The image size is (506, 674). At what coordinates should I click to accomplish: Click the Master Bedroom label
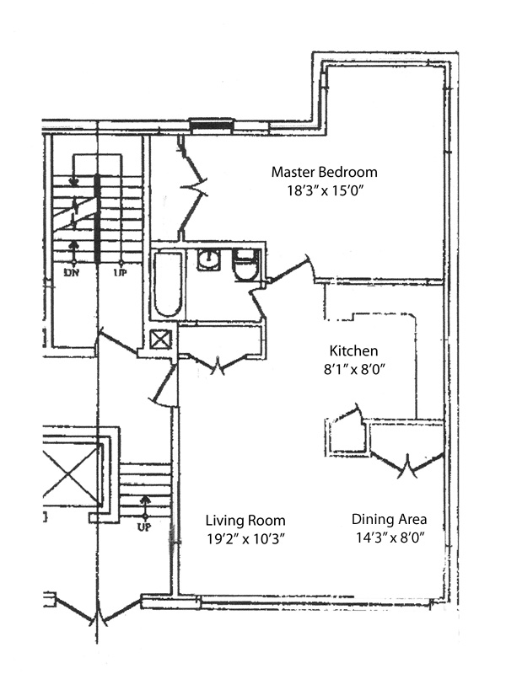pyautogui.click(x=325, y=172)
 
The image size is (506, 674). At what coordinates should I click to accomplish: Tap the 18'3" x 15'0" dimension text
pyautogui.click(x=326, y=190)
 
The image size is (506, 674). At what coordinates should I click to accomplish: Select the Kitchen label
pyautogui.click(x=353, y=350)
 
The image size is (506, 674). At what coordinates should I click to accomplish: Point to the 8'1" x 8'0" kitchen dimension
pyautogui.click(x=354, y=369)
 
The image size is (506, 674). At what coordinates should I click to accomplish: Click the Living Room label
pyautogui.click(x=245, y=521)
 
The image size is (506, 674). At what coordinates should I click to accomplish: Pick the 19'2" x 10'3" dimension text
pyautogui.click(x=246, y=539)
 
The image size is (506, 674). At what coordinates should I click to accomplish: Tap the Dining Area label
pyautogui.click(x=390, y=519)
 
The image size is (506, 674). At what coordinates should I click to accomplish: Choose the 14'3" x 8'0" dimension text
pyautogui.click(x=390, y=538)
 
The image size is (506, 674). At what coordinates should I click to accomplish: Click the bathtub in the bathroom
pyautogui.click(x=168, y=285)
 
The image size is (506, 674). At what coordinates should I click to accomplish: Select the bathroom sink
pyautogui.click(x=209, y=259)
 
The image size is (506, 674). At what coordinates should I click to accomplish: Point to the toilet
pyautogui.click(x=245, y=265)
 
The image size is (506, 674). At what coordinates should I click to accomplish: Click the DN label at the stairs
pyautogui.click(x=72, y=272)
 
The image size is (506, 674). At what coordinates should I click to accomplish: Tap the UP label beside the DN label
pyautogui.click(x=121, y=272)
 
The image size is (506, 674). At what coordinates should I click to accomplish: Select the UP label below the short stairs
pyautogui.click(x=144, y=527)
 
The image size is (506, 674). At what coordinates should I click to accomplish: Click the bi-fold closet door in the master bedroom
pyautogui.click(x=192, y=188)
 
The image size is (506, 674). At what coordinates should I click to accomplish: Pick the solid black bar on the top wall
pyautogui.click(x=212, y=125)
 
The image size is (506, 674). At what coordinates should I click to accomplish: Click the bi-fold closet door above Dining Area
pyautogui.click(x=406, y=464)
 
